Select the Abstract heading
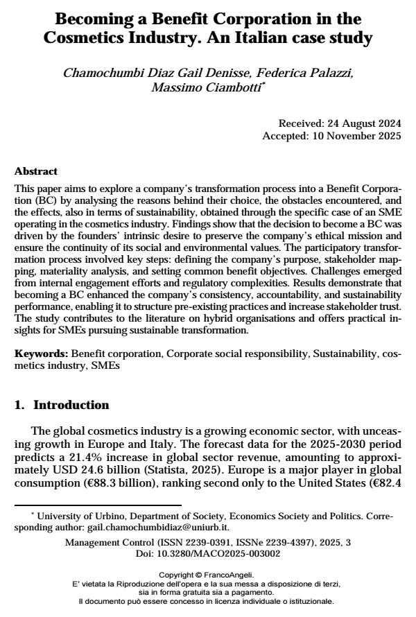click(x=36, y=171)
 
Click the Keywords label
click(x=42, y=354)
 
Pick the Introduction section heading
click(x=71, y=405)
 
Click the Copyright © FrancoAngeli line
click(x=207, y=575)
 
